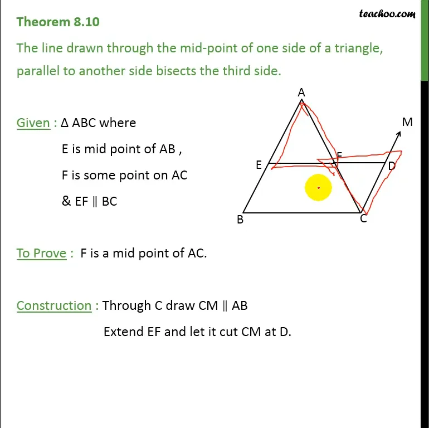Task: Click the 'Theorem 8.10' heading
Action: pos(58,22)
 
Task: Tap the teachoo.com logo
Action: pos(387,13)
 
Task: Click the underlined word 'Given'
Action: pos(33,123)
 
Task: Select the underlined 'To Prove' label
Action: pos(41,253)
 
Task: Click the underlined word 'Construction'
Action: pos(54,305)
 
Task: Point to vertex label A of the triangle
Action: pos(301,93)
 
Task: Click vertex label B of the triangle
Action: pos(240,220)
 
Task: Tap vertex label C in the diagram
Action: pos(363,219)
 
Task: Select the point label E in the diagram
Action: pos(259,165)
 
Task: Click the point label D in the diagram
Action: pos(392,166)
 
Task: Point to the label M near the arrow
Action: pos(407,122)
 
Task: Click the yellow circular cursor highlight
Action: pos(318,188)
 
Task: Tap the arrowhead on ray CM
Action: pos(399,133)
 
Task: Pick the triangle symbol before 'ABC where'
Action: pos(65,123)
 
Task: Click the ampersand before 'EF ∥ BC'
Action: pos(66,201)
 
